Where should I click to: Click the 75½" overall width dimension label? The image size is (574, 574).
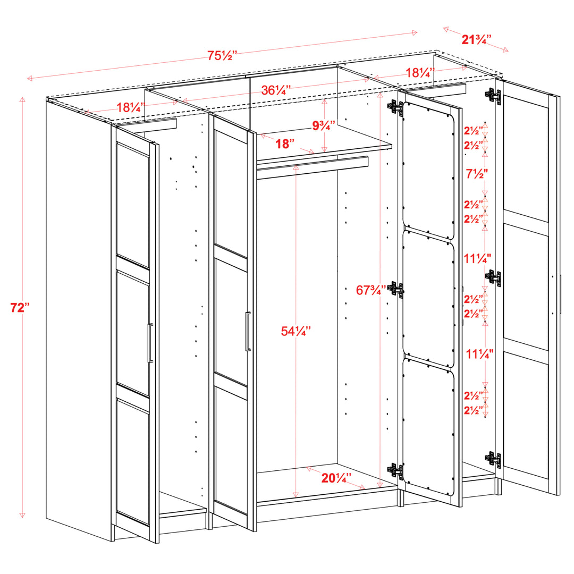222,55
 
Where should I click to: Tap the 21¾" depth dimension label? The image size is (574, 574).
476,39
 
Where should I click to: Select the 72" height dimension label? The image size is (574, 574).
21,307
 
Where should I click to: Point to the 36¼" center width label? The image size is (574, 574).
276,90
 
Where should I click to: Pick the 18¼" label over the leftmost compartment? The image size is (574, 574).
131,107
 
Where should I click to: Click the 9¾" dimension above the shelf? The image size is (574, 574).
324,126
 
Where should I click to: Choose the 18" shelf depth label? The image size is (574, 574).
285,143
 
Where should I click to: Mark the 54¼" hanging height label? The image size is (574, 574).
296,331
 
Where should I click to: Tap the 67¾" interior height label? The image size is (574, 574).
370,290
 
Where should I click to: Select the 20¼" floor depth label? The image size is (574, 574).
336,478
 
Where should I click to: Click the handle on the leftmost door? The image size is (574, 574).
150,343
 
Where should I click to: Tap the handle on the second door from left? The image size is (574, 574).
248,331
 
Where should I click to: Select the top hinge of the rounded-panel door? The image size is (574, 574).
394,106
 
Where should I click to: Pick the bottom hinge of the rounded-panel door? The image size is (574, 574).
395,470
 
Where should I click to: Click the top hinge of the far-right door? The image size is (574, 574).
493,96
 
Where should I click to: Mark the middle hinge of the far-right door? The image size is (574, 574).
493,277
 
